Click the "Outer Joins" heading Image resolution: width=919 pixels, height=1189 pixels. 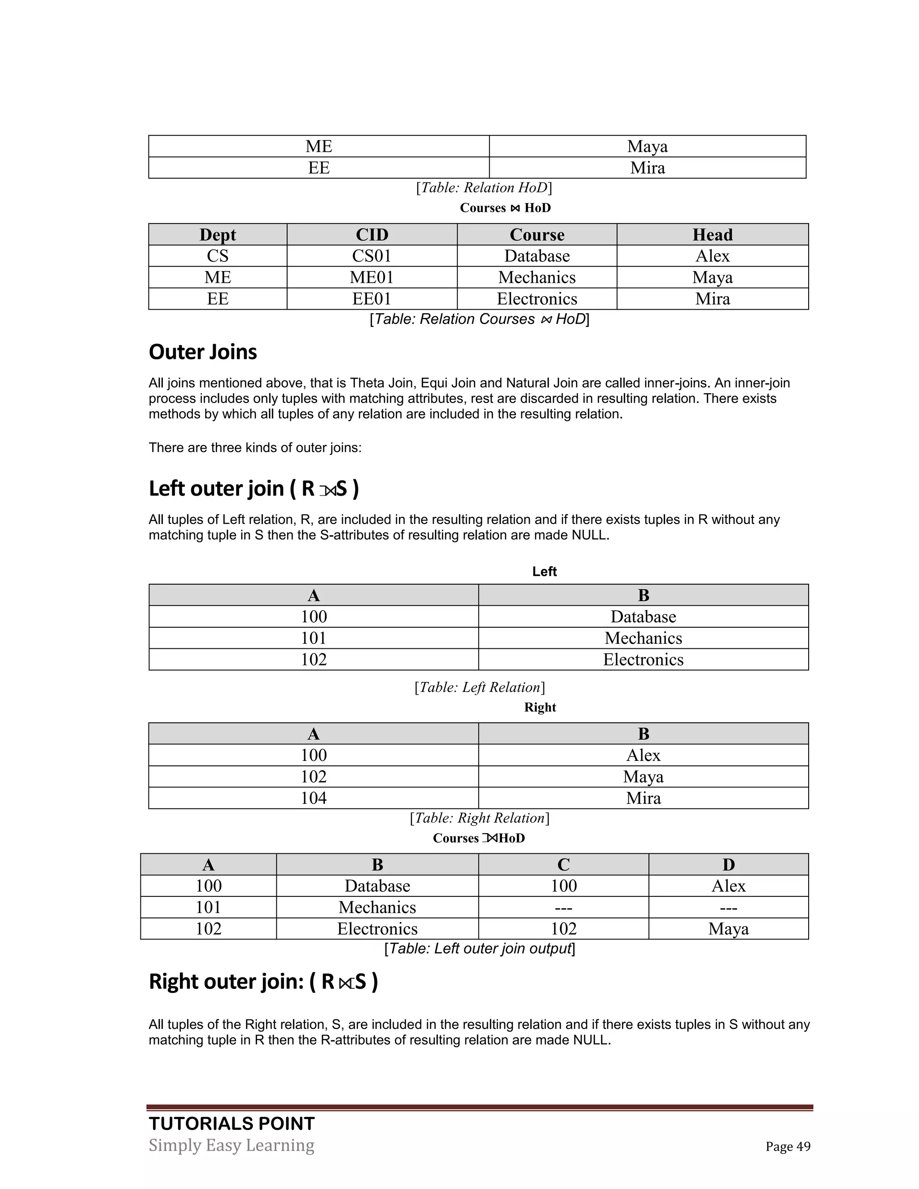click(202, 352)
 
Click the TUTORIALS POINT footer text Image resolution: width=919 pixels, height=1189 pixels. click(232, 1123)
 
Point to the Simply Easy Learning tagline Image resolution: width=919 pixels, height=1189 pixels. click(232, 1145)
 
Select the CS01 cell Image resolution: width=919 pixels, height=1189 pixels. click(372, 256)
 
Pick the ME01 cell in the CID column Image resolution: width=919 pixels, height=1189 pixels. click(372, 277)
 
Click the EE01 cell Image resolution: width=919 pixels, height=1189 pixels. click(372, 299)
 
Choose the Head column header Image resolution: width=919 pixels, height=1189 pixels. click(712, 235)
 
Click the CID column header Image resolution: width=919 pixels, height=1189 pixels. click(372, 235)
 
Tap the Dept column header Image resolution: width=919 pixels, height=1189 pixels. click(218, 235)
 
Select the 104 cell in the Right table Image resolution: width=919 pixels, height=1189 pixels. click(314, 798)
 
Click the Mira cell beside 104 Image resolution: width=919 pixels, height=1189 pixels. click(643, 798)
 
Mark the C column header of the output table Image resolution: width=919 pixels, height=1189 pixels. click(564, 865)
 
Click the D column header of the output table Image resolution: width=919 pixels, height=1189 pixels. click(728, 865)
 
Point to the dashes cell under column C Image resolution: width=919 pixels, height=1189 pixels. click(564, 908)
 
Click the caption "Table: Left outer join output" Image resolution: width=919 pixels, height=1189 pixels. click(480, 949)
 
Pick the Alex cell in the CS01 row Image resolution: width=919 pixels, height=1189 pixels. click(712, 256)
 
